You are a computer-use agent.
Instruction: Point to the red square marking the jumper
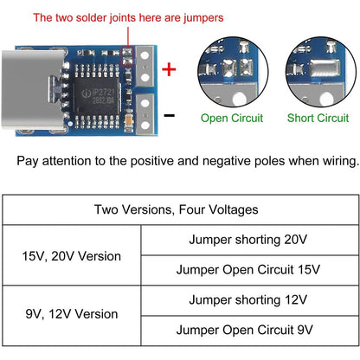(128, 59)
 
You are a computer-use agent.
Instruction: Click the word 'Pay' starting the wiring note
(29, 161)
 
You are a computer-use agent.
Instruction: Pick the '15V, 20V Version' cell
(72, 256)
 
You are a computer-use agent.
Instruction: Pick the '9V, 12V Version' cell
(72, 314)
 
